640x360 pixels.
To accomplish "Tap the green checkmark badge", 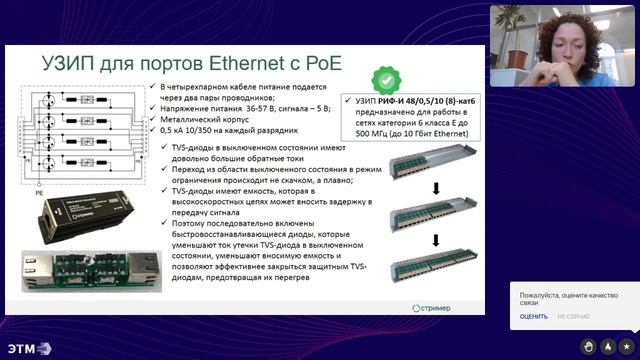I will [x=383, y=80].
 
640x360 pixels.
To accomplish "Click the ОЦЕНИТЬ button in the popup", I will [x=533, y=316].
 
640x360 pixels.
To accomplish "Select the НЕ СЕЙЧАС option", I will [x=573, y=316].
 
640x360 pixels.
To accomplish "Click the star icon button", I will [x=625, y=346].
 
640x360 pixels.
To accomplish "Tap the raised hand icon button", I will [x=590, y=346].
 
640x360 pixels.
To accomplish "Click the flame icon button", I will [x=608, y=346].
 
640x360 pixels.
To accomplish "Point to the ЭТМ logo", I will [x=27, y=348].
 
